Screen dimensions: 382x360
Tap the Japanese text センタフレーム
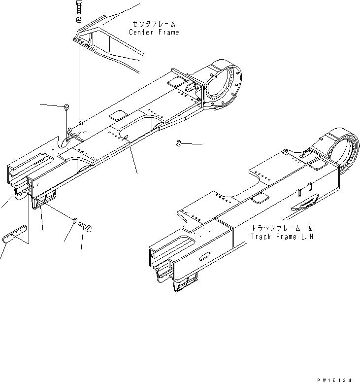(154, 24)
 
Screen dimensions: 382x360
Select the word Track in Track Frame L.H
(261, 237)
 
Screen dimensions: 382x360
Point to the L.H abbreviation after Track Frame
(306, 237)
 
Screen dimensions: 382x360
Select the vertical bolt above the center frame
(79, 8)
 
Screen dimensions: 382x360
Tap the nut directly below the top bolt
(79, 20)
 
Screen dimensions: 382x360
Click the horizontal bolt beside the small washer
(87, 228)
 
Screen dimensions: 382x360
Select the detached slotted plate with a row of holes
(14, 233)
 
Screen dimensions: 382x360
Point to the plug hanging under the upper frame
(179, 143)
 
